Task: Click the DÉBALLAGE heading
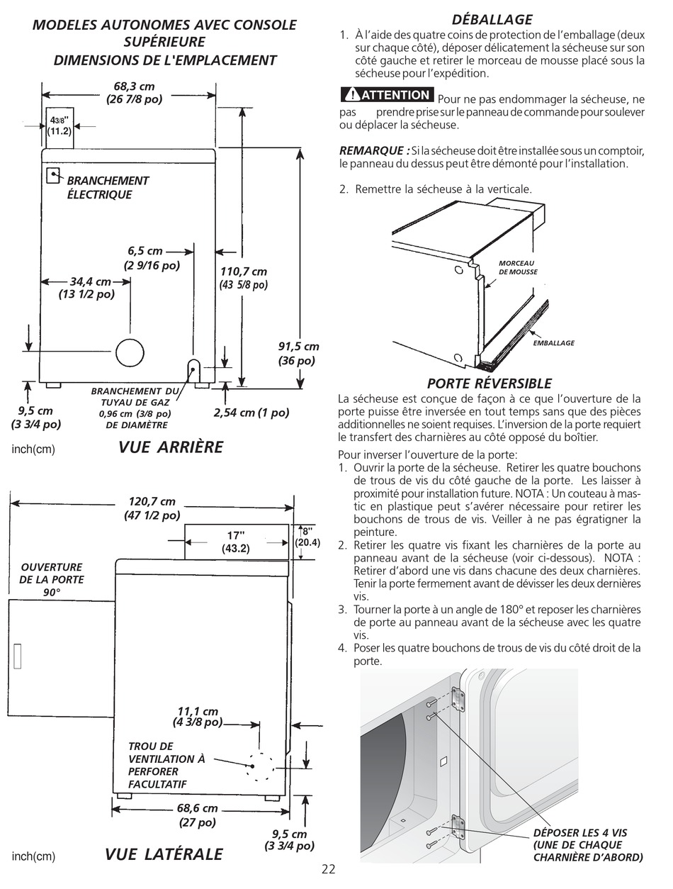click(x=492, y=19)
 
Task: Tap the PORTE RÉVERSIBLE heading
click(x=489, y=384)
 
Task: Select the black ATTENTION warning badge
click(x=386, y=95)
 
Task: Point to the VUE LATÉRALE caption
click(x=164, y=854)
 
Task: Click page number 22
click(x=328, y=870)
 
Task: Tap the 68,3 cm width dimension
click(x=134, y=93)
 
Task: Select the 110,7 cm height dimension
click(x=244, y=278)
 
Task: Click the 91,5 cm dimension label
click(x=298, y=353)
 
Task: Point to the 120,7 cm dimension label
click(x=152, y=508)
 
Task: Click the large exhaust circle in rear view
click(x=130, y=352)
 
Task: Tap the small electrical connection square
click(x=52, y=174)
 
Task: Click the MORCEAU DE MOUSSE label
click(x=517, y=267)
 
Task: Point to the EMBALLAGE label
click(x=553, y=343)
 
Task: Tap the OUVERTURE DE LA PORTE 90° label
click(x=52, y=579)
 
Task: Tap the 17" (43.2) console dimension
click(x=235, y=542)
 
